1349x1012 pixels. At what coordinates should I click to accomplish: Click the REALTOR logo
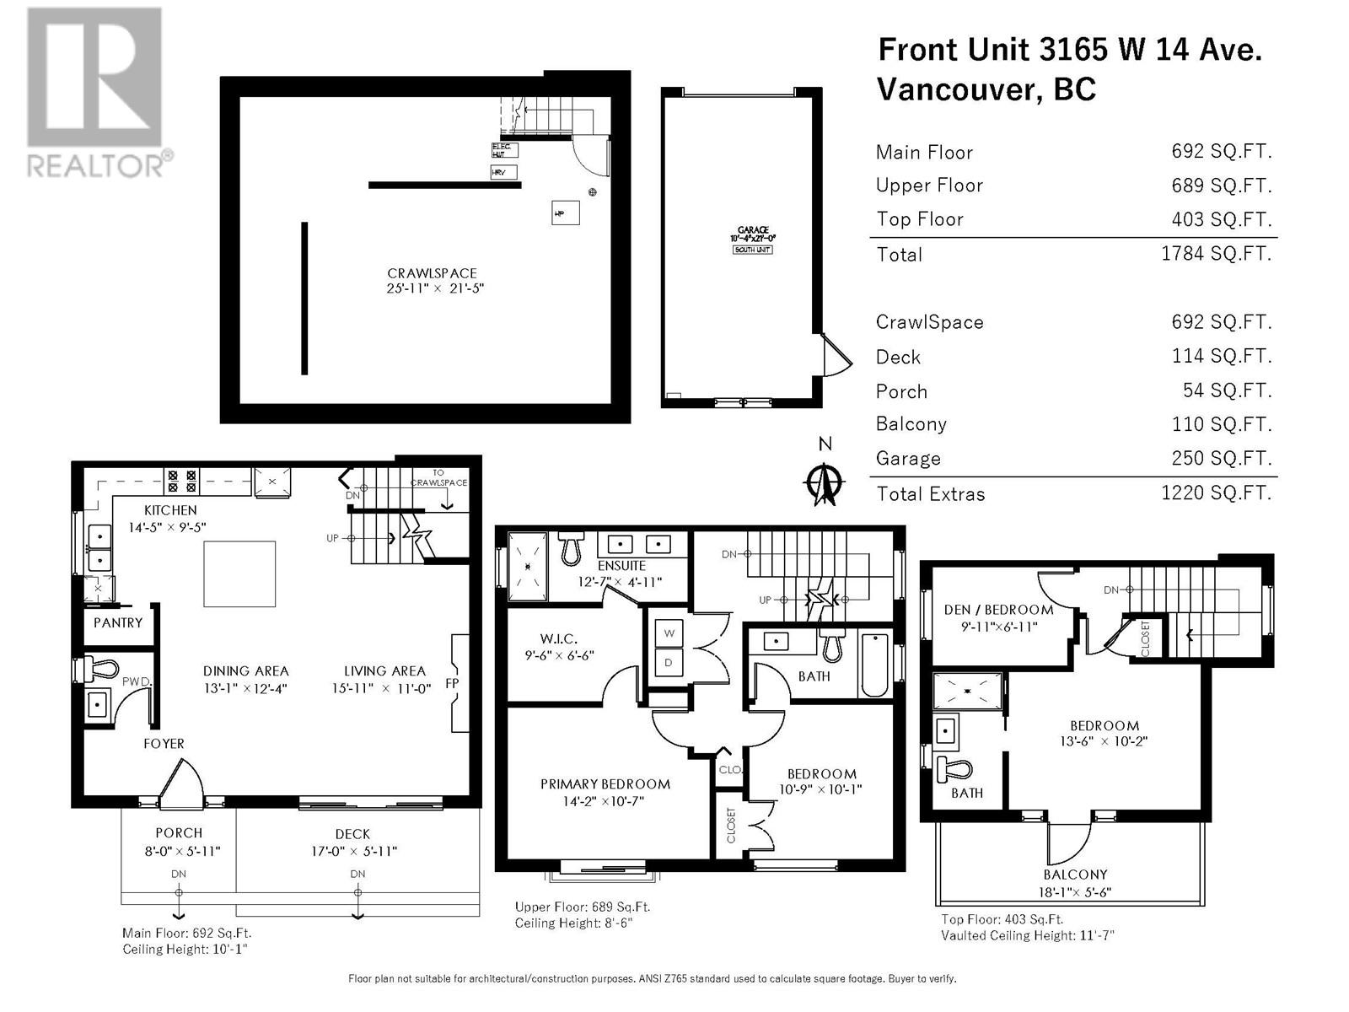click(x=94, y=93)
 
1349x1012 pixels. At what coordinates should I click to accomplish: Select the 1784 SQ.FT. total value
click(x=1216, y=254)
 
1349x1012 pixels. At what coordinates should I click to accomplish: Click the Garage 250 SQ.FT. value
click(x=1221, y=458)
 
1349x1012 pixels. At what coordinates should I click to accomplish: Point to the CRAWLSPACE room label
click(x=432, y=273)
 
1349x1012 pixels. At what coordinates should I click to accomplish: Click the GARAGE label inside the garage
click(x=752, y=229)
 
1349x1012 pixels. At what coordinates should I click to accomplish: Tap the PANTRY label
click(x=118, y=622)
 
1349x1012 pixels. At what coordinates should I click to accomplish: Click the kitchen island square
click(x=239, y=573)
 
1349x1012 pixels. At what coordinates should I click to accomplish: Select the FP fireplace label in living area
click(x=452, y=682)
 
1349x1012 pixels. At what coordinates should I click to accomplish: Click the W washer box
click(x=669, y=632)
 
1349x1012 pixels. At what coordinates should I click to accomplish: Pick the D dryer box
click(x=669, y=663)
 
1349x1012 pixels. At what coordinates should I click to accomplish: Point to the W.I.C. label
click(x=558, y=639)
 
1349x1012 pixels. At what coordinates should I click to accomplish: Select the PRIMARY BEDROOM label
click(x=605, y=784)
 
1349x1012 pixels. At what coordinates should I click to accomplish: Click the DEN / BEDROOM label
click(x=998, y=609)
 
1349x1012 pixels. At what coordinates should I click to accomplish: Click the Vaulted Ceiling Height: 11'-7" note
click(x=1028, y=936)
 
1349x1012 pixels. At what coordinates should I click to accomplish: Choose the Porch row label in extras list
click(x=901, y=391)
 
